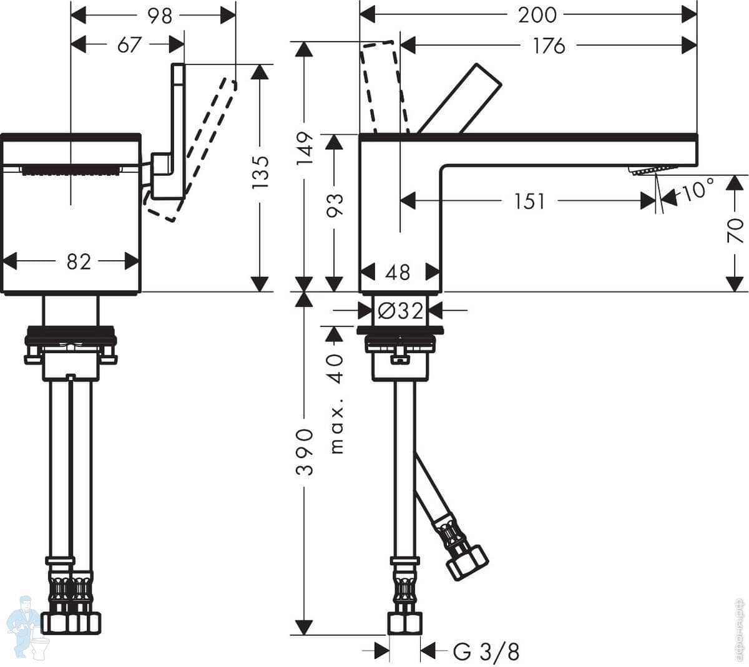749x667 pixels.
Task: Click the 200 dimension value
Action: pyautogui.click(x=537, y=14)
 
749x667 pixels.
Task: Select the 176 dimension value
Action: pyautogui.click(x=549, y=46)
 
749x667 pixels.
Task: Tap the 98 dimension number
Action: pyautogui.click(x=159, y=16)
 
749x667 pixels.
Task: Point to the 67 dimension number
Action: pyautogui.click(x=129, y=45)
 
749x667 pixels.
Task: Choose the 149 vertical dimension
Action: pyautogui.click(x=305, y=148)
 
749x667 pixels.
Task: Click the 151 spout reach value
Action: pyautogui.click(x=529, y=201)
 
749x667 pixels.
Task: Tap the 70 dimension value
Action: pyautogui.click(x=736, y=230)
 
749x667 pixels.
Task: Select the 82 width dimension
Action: pyautogui.click(x=79, y=261)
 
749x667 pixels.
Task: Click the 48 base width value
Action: pyautogui.click(x=398, y=272)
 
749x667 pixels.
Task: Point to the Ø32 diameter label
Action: pyautogui.click(x=401, y=310)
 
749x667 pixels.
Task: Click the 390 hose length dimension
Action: pyautogui.click(x=305, y=451)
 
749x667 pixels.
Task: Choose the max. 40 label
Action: pyautogui.click(x=336, y=403)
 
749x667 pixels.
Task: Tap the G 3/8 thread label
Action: pyautogui.click(x=486, y=652)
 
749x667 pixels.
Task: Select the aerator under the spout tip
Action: pyautogui.click(x=653, y=170)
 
